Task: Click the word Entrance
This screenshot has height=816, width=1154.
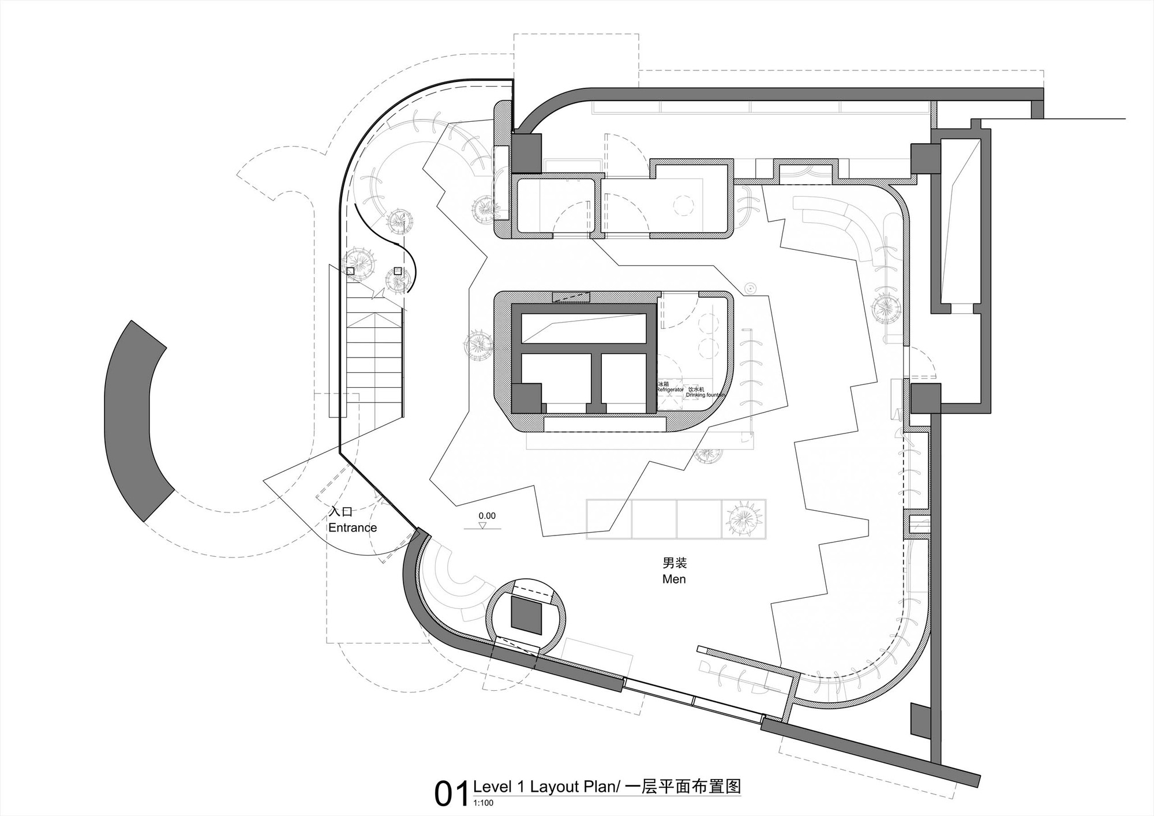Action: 353,527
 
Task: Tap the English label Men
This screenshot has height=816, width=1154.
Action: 674,579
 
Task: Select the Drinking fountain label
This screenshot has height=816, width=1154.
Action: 704,395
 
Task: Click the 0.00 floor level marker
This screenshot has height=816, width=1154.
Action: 487,516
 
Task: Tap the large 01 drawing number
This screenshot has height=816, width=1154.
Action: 451,794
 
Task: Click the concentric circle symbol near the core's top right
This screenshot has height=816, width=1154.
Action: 750,287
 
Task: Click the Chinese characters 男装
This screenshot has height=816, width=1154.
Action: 674,563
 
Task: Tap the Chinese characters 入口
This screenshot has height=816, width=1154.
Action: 340,512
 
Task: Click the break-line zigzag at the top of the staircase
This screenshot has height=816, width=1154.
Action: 378,294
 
